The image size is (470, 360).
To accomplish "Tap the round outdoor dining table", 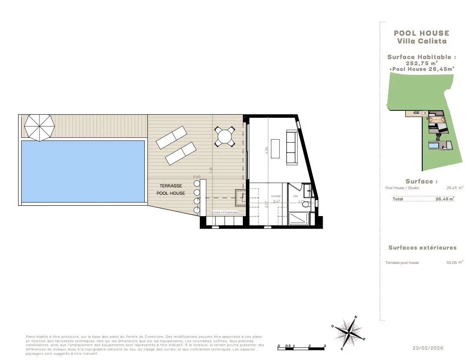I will point(225,137).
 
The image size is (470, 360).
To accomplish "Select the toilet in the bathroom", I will point(306,205).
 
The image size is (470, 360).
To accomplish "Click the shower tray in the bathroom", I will point(299,218).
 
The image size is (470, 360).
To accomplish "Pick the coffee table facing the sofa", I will point(275,149).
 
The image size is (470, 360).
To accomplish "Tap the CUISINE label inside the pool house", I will point(276,196).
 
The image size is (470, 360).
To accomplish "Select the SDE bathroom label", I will point(295,196).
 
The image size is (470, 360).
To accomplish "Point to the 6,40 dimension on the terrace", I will point(196,177).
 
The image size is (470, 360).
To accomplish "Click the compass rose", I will point(350,332).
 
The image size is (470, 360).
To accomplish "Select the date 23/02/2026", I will point(428,348).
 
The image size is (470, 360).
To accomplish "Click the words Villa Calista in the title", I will point(422,41).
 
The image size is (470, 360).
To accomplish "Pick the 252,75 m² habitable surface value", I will point(421,63).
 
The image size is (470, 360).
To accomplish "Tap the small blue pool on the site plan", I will point(434,147).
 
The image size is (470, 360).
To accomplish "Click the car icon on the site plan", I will point(417,113).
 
